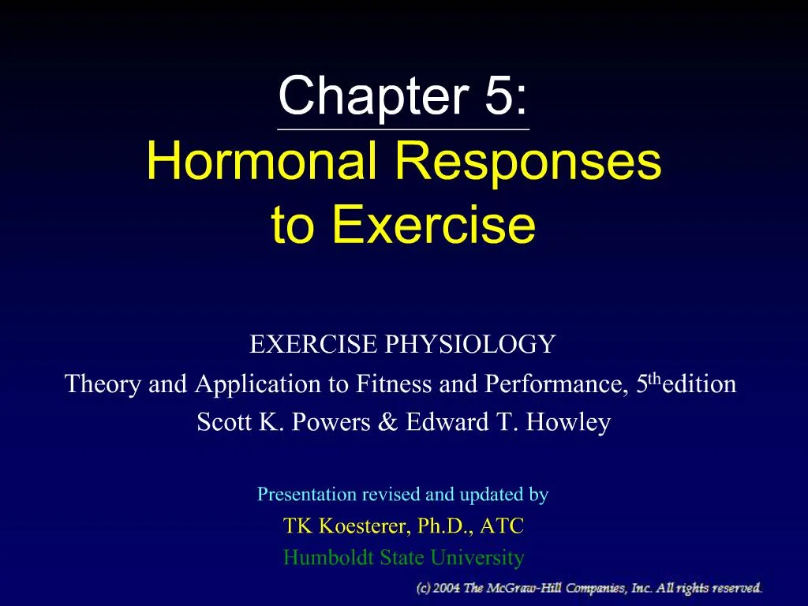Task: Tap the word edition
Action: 700,384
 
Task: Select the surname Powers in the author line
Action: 327,423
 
